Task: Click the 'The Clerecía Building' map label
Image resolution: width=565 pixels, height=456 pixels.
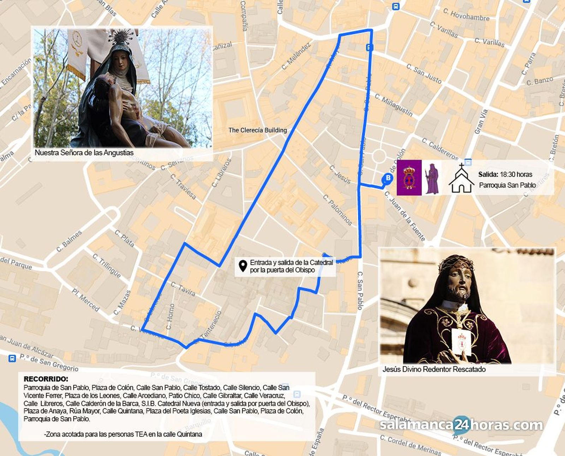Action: [257, 130]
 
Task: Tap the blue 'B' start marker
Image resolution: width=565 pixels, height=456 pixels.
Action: [388, 178]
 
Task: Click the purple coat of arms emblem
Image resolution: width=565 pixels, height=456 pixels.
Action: [409, 178]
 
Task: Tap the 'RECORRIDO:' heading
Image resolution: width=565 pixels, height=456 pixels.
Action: [46, 379]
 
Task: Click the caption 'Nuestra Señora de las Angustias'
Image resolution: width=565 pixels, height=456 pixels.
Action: [84, 153]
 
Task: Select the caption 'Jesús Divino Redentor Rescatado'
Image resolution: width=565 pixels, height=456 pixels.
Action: [434, 369]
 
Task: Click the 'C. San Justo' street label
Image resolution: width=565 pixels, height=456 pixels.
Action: [424, 74]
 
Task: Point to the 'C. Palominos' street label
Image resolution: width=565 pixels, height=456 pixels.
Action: [338, 210]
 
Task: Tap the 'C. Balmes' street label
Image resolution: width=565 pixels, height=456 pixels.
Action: [69, 241]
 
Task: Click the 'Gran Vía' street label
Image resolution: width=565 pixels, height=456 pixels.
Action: [481, 122]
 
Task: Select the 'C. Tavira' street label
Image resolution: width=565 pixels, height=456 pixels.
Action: [183, 289]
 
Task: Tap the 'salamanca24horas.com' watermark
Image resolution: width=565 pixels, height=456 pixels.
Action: [461, 425]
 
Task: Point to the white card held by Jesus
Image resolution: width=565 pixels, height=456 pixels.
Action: [462, 342]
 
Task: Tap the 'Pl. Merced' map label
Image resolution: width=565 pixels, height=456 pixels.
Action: [85, 300]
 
